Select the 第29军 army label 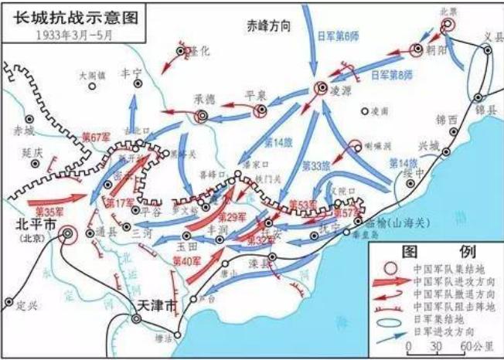pyautogui.click(x=231, y=219)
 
